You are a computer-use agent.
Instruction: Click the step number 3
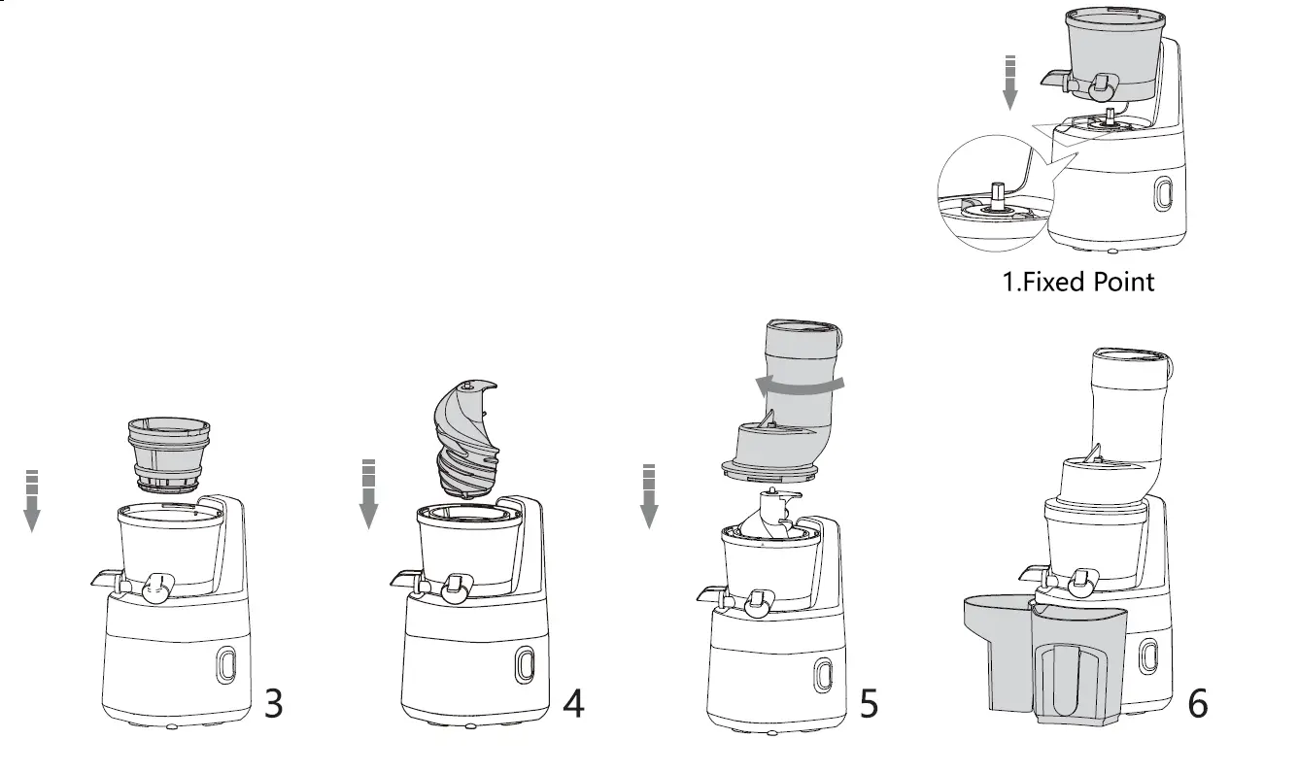pos(274,704)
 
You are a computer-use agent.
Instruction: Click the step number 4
pos(574,704)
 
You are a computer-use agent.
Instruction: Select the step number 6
pos(1198,704)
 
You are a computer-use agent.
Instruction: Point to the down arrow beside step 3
pos(32,501)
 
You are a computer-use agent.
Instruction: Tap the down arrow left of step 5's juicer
pos(649,496)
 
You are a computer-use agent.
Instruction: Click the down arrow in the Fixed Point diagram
pos(1010,84)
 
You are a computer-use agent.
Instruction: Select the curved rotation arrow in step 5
pos(799,386)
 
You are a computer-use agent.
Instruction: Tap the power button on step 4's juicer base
pos(525,665)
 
